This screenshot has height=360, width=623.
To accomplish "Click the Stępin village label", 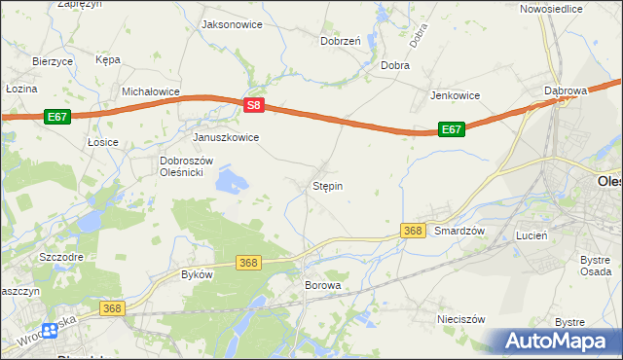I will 327,185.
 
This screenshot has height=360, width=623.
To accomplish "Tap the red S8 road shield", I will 253,105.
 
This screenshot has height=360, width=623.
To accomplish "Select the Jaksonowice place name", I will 231,23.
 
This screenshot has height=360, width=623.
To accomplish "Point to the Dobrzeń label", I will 341,41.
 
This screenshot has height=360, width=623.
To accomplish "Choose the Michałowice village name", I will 151,91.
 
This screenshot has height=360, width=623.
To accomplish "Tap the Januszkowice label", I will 226,137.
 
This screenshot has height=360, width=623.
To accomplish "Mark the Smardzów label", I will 459,231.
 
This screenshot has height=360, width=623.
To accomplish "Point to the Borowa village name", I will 323,285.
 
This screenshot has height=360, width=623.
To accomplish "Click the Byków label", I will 197,274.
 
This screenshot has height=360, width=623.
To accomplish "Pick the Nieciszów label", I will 460,319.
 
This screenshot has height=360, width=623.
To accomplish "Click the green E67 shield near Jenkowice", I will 450,128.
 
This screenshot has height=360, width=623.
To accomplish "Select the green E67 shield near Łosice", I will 56,117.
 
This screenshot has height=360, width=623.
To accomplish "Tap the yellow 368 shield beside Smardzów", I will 413,230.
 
